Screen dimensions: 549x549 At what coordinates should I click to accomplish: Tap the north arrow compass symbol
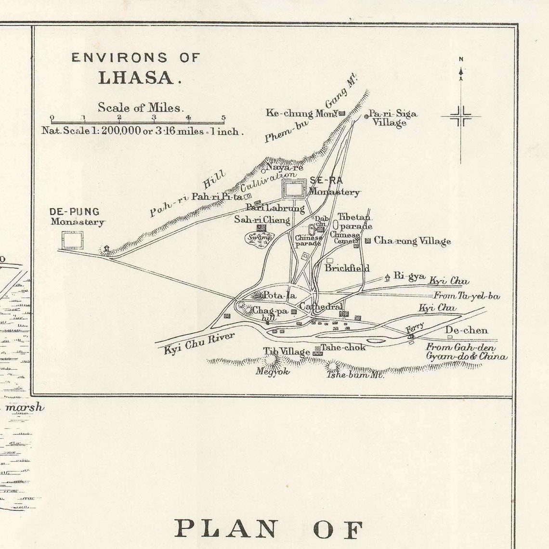[x=461, y=116]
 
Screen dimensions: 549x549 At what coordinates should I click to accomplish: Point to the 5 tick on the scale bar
[x=223, y=118]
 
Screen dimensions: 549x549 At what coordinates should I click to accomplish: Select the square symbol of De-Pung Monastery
[x=73, y=240]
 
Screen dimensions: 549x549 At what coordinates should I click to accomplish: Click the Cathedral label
[x=320, y=306]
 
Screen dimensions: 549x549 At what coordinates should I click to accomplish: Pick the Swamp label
[x=260, y=237]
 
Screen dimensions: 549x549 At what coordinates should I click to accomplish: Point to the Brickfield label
[x=347, y=268]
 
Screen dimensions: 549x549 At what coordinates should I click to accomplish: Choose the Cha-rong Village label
[x=412, y=241]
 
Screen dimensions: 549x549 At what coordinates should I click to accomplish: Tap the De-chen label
[x=466, y=330]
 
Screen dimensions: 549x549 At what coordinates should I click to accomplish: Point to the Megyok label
[x=273, y=371]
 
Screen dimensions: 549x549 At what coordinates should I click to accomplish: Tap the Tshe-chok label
[x=343, y=347]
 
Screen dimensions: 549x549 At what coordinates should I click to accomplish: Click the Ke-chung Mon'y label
[x=302, y=113]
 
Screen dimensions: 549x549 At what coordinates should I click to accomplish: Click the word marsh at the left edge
[x=24, y=407]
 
